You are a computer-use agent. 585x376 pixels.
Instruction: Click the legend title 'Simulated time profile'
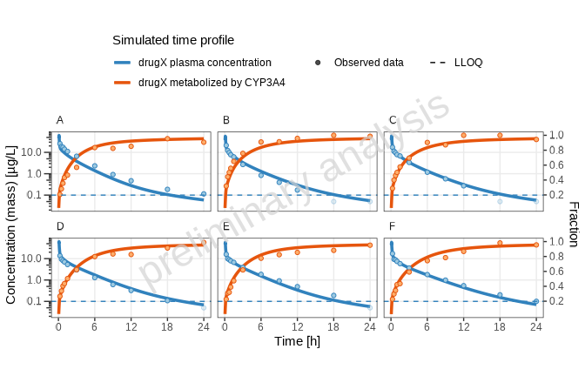click(172, 40)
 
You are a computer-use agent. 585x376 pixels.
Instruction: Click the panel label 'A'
click(60, 119)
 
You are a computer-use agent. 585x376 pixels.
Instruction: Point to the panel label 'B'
click(226, 119)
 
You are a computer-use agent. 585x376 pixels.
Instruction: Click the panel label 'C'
click(393, 119)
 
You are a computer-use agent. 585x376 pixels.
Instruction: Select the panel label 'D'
click(60, 226)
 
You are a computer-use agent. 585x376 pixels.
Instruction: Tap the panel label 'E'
click(226, 226)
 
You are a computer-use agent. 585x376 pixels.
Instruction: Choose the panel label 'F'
click(393, 226)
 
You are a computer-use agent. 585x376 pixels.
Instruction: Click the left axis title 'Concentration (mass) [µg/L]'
click(11, 225)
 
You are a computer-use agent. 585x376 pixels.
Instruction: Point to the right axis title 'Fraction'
click(573, 225)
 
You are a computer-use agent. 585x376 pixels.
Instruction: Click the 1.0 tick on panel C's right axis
click(555, 136)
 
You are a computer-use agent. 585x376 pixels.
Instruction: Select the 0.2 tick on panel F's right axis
click(555, 301)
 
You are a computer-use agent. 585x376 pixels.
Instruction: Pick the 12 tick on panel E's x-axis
click(297, 326)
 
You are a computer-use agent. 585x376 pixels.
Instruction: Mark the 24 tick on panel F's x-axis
click(535, 326)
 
